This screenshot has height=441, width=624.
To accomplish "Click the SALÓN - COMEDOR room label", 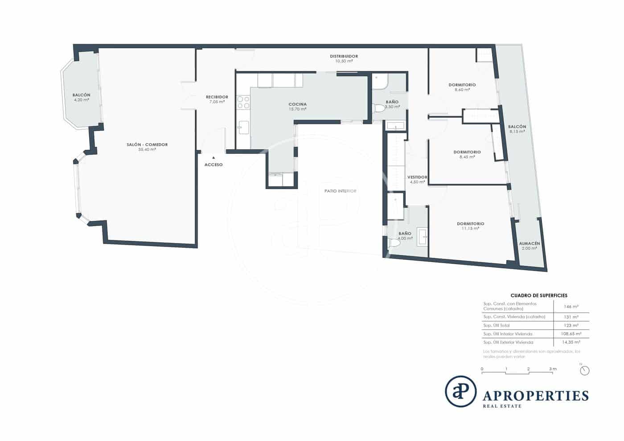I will click(147, 144).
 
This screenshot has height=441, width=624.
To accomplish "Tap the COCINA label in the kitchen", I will click(297, 104).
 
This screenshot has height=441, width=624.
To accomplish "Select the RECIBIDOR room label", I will click(217, 97).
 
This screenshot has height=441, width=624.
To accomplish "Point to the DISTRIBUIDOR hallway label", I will click(344, 56).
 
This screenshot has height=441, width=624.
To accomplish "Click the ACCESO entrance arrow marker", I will click(213, 157).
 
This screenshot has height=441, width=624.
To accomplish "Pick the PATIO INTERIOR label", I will click(341, 191).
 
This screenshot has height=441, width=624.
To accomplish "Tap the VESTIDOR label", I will click(417, 177).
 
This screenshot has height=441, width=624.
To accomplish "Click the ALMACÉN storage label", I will click(530, 243).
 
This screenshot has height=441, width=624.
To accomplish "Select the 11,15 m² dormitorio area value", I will click(470, 229).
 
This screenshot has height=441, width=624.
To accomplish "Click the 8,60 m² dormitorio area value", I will click(462, 90).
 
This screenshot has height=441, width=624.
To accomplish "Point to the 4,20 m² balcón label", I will click(82, 100).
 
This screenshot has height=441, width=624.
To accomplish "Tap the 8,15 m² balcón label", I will click(517, 132).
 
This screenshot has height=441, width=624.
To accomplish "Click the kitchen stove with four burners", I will click(243, 103).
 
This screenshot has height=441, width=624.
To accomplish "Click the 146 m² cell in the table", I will click(571, 306).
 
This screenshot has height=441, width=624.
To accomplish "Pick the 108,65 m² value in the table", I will click(571, 334).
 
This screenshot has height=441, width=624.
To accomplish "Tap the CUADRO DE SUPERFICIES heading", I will click(538, 295).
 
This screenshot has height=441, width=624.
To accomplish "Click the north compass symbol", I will click(585, 370).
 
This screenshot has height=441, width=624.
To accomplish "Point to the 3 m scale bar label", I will click(553, 369).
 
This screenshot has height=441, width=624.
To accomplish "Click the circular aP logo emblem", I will click(460, 392).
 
